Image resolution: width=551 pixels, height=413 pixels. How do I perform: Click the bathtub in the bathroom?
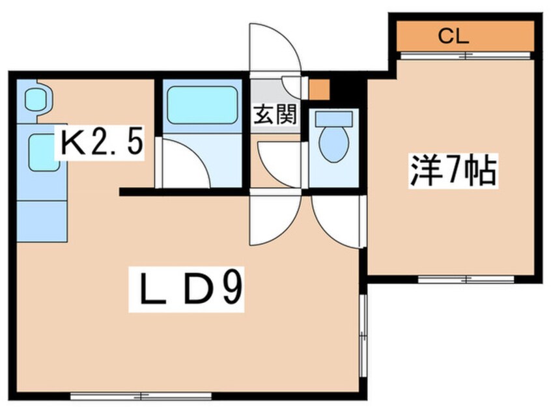[202, 105]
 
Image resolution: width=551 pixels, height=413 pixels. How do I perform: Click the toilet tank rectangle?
[333, 119]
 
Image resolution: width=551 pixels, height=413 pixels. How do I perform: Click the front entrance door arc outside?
[274, 49]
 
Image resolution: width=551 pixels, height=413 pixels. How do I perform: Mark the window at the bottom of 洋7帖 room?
[466, 279]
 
